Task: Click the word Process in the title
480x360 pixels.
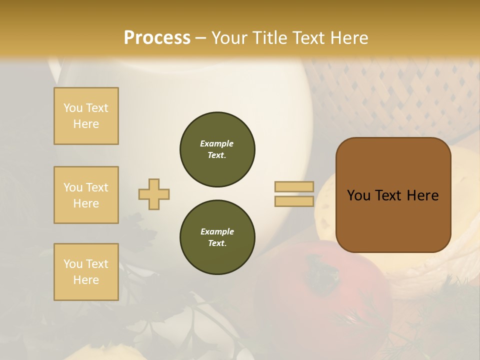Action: (157, 38)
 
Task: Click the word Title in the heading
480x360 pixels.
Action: (269, 38)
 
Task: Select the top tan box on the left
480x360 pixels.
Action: (86, 116)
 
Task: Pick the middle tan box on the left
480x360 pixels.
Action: (86, 195)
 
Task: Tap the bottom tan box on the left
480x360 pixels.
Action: (86, 272)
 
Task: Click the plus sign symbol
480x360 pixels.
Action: (154, 194)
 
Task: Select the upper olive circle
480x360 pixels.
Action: (217, 149)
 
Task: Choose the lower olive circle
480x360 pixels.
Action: (217, 237)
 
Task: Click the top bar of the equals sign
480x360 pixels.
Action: (294, 187)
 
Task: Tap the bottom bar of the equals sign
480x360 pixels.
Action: (294, 201)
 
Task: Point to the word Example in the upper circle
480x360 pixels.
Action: (217, 143)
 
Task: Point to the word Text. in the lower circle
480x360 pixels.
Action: (217, 243)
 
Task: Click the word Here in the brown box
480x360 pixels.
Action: (422, 195)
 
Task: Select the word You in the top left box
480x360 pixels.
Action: (73, 108)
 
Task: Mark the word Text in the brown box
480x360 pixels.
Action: (390, 195)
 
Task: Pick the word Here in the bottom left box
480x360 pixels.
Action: (86, 280)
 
